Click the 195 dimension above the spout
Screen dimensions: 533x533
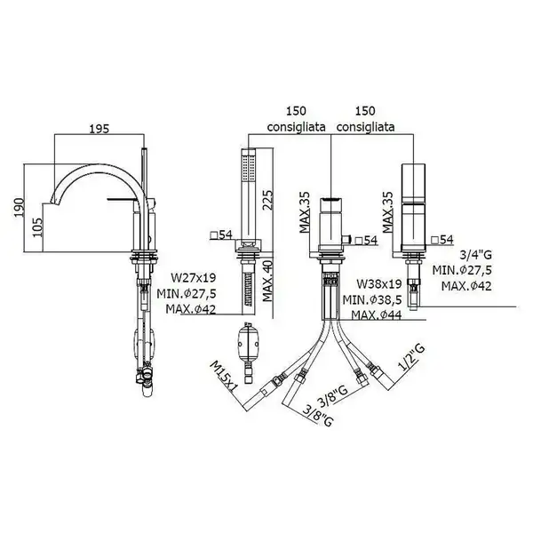[x=99, y=129]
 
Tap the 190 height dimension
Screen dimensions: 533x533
[x=19, y=207]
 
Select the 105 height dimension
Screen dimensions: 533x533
[x=37, y=227]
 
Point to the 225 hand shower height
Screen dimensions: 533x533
[x=268, y=200]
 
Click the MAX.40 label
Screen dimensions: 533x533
[x=268, y=281]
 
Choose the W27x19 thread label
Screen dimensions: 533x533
[x=194, y=278]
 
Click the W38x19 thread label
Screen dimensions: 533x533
[x=379, y=283]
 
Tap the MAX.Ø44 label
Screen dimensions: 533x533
[x=377, y=315]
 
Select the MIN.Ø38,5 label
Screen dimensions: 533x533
[x=372, y=300]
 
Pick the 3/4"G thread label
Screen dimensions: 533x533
[x=475, y=255]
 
